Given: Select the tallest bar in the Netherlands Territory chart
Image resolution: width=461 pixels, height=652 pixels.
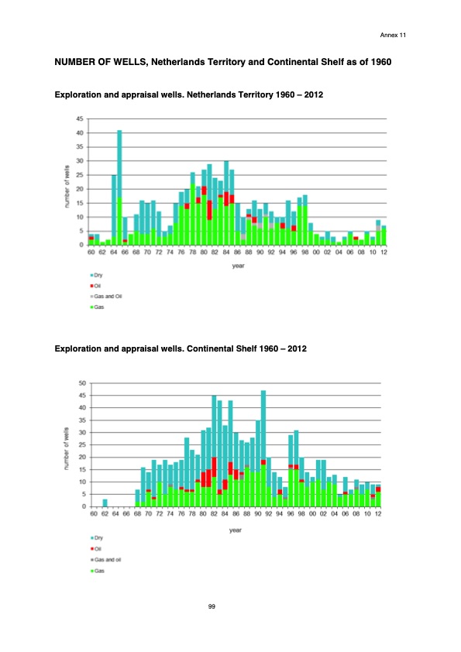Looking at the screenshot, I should click(x=119, y=186).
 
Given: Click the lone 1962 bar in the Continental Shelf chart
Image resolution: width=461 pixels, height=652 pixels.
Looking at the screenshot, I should click(x=105, y=503).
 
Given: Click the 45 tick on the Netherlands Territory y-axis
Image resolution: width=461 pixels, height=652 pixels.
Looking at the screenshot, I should click(x=81, y=118).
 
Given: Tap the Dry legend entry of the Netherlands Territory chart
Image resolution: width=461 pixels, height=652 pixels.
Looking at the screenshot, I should click(x=100, y=275).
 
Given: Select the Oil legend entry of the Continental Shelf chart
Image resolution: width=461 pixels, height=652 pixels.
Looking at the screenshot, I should click(x=100, y=547).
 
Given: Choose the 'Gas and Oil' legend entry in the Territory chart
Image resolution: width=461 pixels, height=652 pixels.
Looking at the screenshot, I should click(x=108, y=296).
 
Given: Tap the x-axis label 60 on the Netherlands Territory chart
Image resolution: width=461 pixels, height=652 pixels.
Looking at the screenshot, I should click(x=91, y=252).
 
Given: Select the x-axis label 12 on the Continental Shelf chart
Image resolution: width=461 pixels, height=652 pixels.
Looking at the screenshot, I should click(x=378, y=513).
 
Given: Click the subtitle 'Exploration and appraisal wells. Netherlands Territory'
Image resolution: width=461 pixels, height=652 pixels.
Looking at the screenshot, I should click(x=155, y=94).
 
